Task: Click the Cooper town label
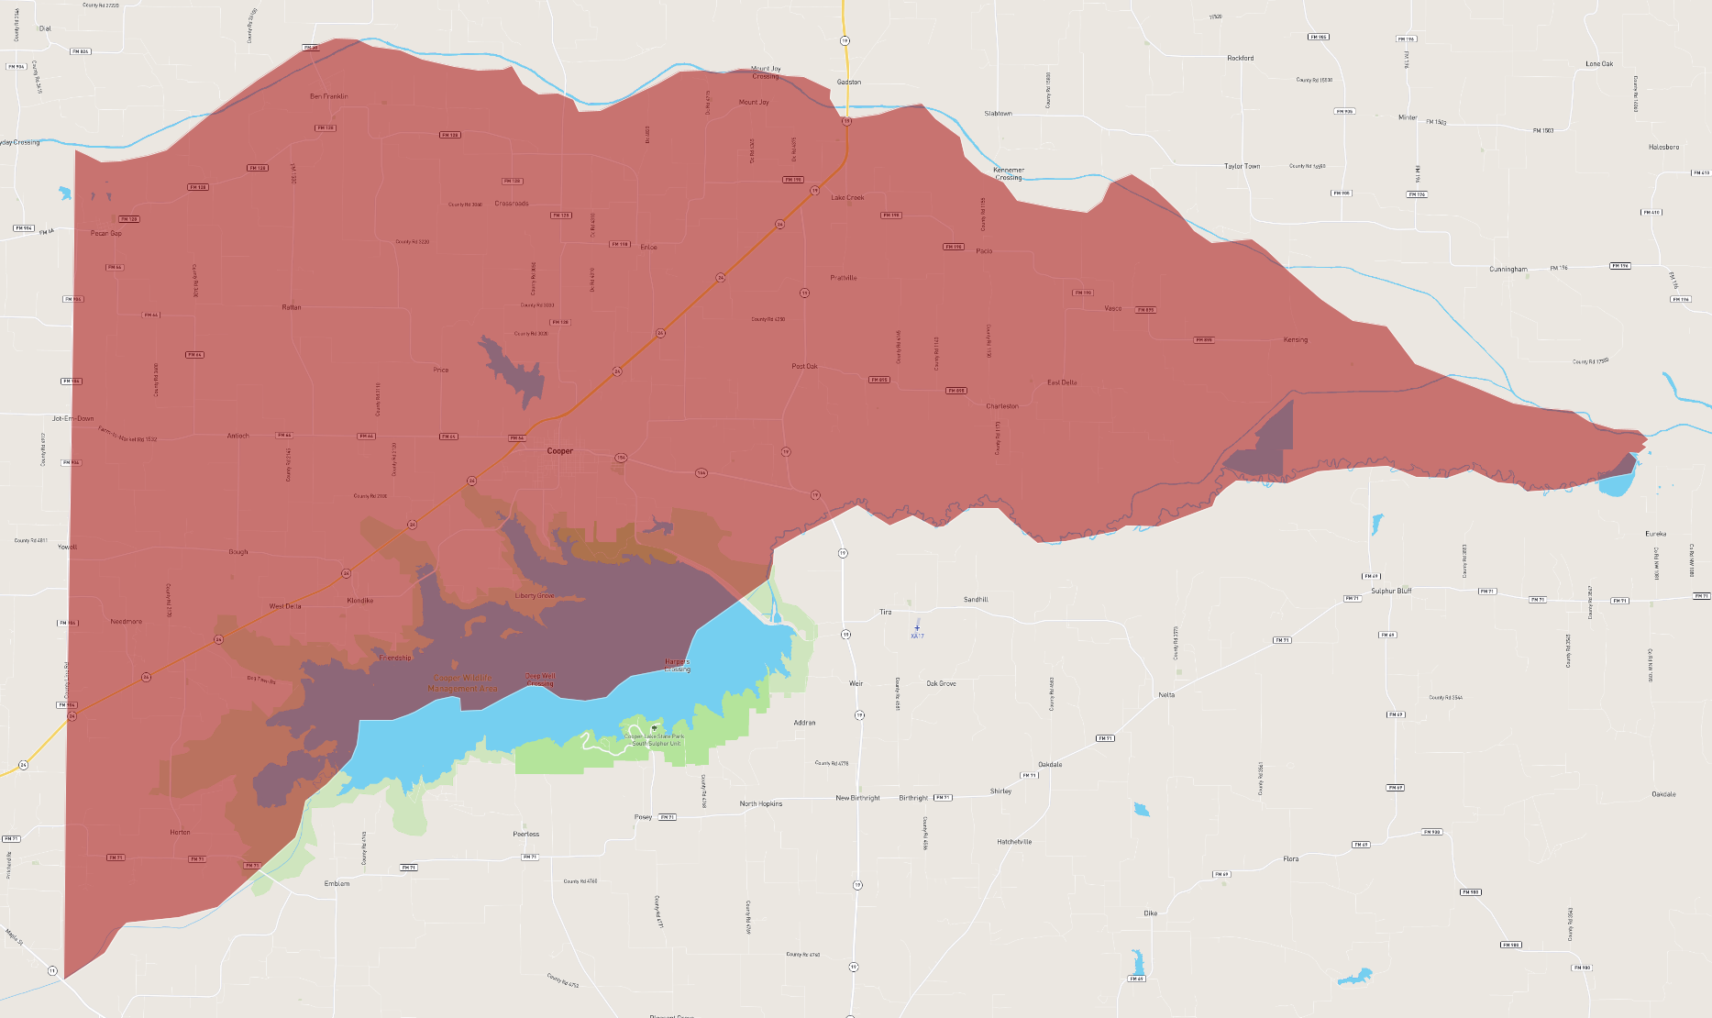559,451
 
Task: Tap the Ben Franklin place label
328,96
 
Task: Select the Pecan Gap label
106,233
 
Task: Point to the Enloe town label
648,247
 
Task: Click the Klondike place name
360,601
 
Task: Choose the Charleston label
1002,406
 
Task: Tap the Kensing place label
1295,340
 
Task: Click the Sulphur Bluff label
1391,592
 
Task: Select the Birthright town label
913,798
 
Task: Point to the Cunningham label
1508,270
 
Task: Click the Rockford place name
1240,58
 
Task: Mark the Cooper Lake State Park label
655,739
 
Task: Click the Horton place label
180,833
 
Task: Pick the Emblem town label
337,884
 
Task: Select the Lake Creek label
847,198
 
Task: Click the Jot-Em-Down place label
73,418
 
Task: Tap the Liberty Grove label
534,596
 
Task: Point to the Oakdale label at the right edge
1663,794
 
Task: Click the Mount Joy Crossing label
766,72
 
